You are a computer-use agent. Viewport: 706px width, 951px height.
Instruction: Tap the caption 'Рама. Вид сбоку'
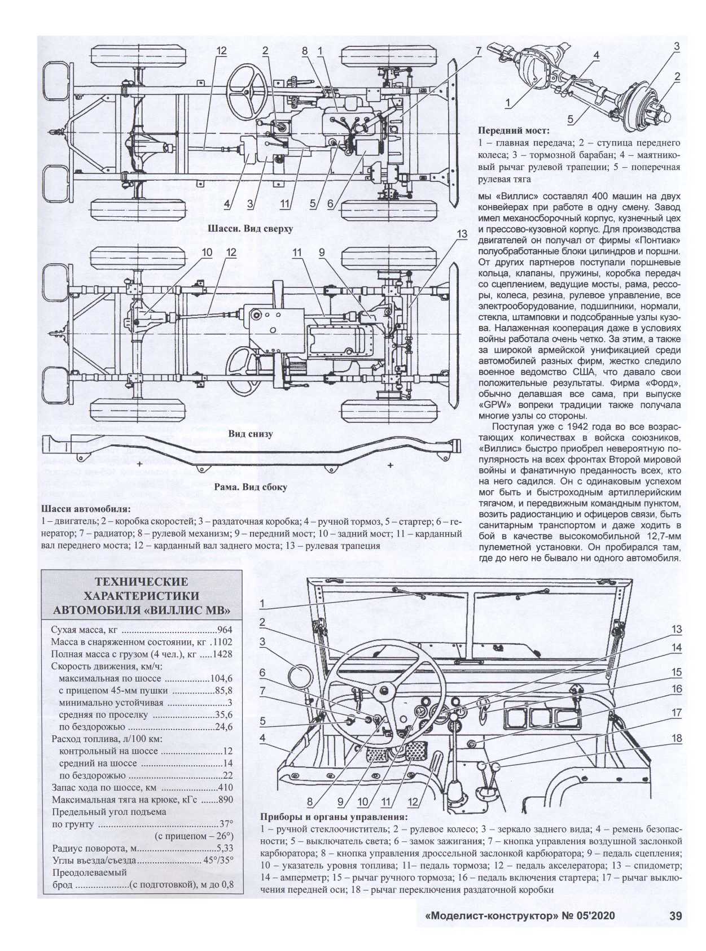pos(251,487)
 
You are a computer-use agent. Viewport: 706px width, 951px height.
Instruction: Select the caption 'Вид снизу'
pos(251,434)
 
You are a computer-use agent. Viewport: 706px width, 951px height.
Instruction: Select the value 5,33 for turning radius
pos(225,849)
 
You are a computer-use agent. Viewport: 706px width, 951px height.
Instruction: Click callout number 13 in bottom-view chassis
pos(462,234)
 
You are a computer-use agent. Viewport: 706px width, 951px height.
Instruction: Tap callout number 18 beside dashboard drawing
pos(676,738)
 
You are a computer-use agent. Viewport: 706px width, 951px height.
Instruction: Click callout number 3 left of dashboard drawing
pos(262,642)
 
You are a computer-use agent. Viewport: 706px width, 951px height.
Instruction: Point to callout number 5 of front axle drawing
pos(571,120)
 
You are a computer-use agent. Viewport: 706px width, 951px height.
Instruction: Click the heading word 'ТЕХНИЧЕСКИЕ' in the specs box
pos(142,582)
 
